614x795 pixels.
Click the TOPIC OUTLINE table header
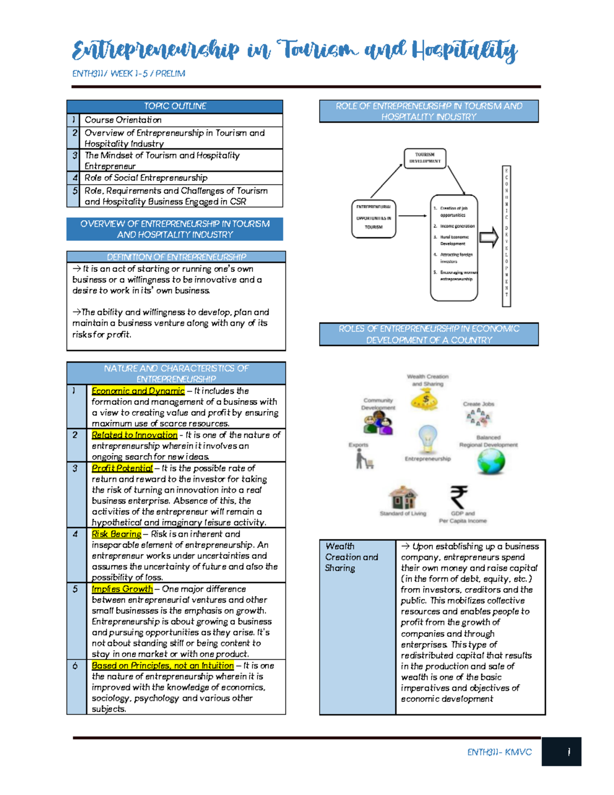pos(174,106)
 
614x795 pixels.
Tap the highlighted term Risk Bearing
pos(116,534)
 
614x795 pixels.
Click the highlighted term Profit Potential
pos(122,468)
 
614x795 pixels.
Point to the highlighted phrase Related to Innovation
pos(135,435)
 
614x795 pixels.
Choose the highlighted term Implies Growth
pos(122,589)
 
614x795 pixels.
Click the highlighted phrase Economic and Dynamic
pos(138,391)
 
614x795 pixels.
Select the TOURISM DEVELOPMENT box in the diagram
pos(425,158)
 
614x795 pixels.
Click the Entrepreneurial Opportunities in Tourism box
pos(374,219)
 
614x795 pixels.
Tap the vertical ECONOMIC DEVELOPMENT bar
pos(507,236)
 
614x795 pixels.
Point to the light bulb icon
pos(427,438)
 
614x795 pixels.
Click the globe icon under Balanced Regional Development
pos(491,461)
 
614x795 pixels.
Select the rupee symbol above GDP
pos(458,497)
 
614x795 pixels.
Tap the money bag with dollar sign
pos(425,399)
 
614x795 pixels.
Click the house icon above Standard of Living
pos(403,497)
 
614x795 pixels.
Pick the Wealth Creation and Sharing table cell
pos(357,627)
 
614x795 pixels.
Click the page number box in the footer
pos(561,751)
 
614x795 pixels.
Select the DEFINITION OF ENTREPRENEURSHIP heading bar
pos(176,256)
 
